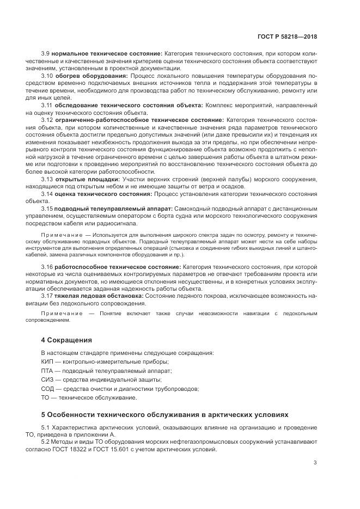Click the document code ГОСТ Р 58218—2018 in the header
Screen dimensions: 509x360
tap(288, 36)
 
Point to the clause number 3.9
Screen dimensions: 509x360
tap(46, 53)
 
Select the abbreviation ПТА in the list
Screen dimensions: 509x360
tap(48, 370)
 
